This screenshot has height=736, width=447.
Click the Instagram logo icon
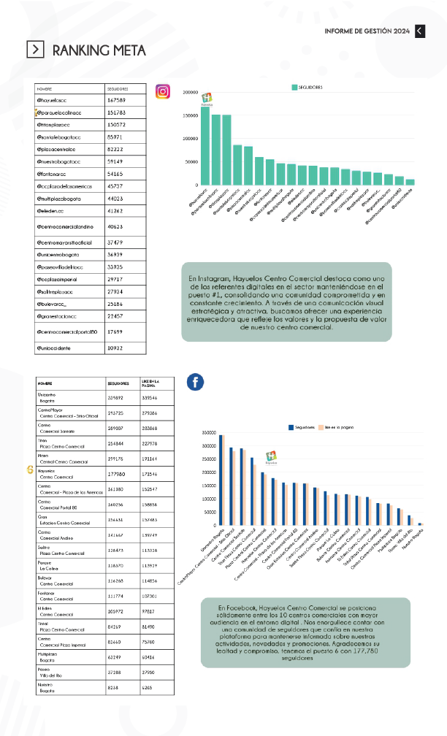[163, 91]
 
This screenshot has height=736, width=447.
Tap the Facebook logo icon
[195, 382]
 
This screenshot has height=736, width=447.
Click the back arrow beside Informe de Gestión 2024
[419, 31]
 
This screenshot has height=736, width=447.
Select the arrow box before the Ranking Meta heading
[35, 49]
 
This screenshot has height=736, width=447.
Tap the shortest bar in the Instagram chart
[410, 182]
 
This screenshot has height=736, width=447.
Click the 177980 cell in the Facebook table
[118, 472]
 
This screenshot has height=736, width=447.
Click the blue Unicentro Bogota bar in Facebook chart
[222, 480]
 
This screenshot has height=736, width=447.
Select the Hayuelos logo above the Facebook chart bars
[271, 458]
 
